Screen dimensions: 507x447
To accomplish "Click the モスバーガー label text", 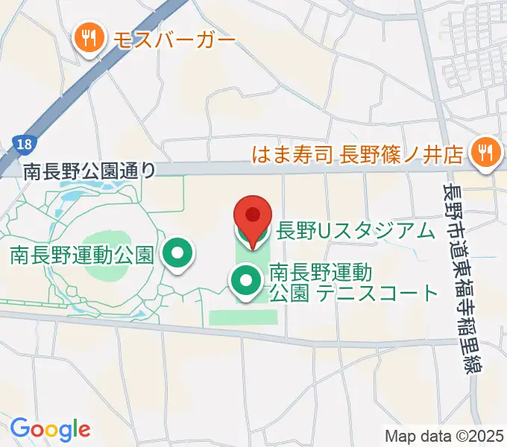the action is (x=174, y=38).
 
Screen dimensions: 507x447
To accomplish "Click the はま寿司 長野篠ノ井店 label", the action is (x=357, y=155).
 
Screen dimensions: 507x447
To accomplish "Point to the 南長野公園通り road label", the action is (x=89, y=171).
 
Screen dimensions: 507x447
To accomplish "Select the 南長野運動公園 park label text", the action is (x=82, y=256).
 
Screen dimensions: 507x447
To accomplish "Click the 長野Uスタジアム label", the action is (x=355, y=232).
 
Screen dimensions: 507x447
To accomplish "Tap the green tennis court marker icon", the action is (x=245, y=281).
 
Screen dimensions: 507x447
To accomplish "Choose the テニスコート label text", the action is (x=377, y=293).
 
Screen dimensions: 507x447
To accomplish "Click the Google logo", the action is (x=50, y=428).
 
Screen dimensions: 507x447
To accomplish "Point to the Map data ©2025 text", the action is (x=443, y=436).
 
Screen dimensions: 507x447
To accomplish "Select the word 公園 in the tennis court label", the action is (x=289, y=293).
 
